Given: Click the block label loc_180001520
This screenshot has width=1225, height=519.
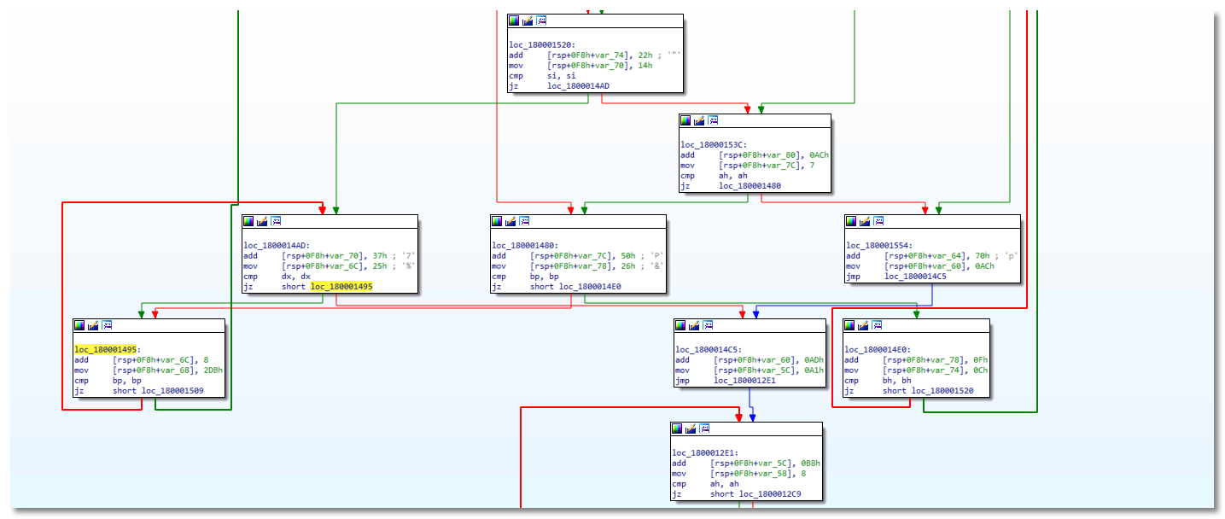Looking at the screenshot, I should [x=541, y=45].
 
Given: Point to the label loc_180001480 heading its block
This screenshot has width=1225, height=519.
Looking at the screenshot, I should [x=525, y=245].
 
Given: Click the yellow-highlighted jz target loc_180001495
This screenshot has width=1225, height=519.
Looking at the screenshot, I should [x=341, y=287].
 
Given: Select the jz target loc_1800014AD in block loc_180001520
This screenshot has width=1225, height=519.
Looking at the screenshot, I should [x=579, y=86].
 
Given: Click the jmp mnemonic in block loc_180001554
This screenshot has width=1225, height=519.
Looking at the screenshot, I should [x=855, y=277].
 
